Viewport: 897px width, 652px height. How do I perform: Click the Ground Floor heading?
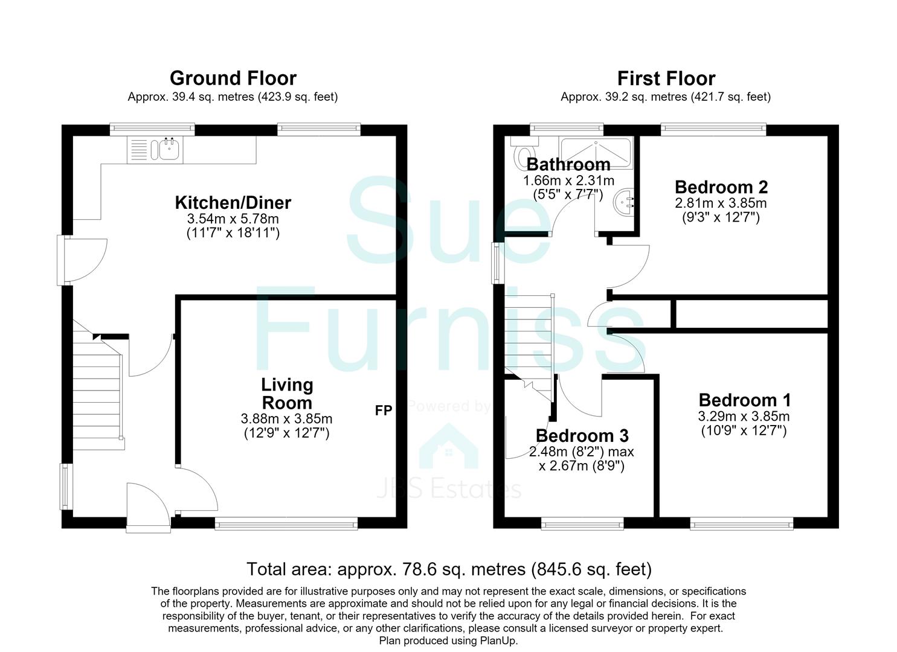point(233,78)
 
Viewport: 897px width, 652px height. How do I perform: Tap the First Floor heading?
point(666,78)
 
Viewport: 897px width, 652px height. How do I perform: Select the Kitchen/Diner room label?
point(233,202)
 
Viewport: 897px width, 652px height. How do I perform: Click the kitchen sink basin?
point(169,149)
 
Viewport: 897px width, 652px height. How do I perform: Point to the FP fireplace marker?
point(383,411)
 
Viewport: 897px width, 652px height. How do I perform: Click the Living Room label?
point(287,394)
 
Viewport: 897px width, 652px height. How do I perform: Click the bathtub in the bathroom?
point(596,152)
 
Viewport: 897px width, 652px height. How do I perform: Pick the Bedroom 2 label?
point(721,187)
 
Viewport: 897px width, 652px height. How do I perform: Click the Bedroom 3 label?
point(582,435)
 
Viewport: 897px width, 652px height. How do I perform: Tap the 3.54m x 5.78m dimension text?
point(233,219)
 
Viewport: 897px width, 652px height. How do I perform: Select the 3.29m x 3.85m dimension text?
point(744,417)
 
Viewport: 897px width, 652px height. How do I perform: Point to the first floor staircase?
point(529,344)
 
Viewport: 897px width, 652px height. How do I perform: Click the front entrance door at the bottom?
point(148,508)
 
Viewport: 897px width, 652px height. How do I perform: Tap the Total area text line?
point(449,569)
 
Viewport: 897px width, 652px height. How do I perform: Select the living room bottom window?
point(286,524)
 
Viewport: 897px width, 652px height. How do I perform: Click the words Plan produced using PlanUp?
point(448,641)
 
